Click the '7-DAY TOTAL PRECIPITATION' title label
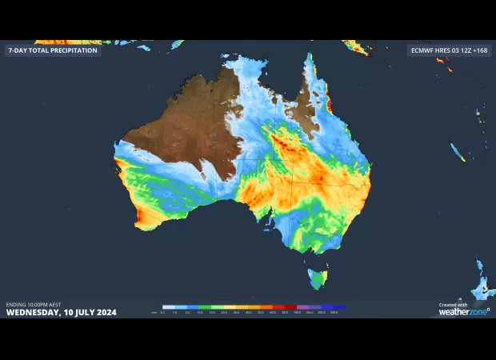[53, 50]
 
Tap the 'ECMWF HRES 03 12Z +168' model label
[448, 50]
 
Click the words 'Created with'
[454, 305]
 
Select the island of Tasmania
[318, 278]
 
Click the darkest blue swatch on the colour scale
[340, 306]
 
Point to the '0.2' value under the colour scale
[163, 312]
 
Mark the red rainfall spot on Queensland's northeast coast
[329, 105]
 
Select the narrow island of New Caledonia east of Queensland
[457, 151]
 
